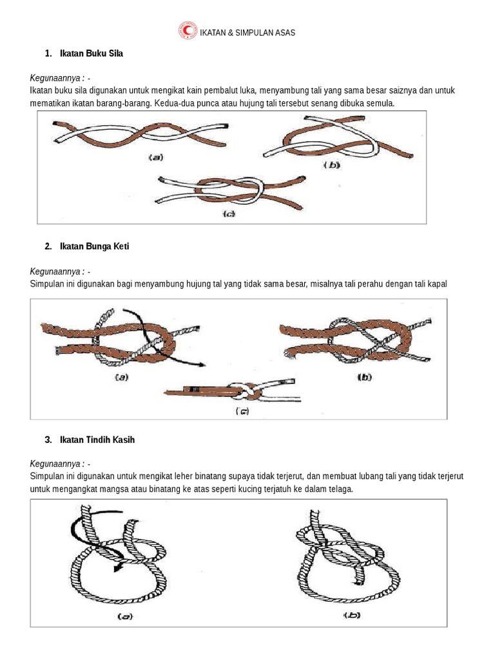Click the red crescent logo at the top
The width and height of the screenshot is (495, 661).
(x=188, y=31)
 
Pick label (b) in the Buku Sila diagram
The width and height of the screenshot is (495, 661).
(x=332, y=165)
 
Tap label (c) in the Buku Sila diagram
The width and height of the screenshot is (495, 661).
(x=229, y=214)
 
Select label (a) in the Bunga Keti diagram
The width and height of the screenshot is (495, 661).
(x=120, y=378)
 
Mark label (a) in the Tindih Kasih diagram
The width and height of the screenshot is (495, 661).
(x=124, y=616)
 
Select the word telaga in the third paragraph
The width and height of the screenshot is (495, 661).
(x=341, y=489)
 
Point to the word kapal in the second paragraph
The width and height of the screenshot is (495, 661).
(x=437, y=284)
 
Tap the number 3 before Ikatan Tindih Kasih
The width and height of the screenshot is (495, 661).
(x=48, y=440)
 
